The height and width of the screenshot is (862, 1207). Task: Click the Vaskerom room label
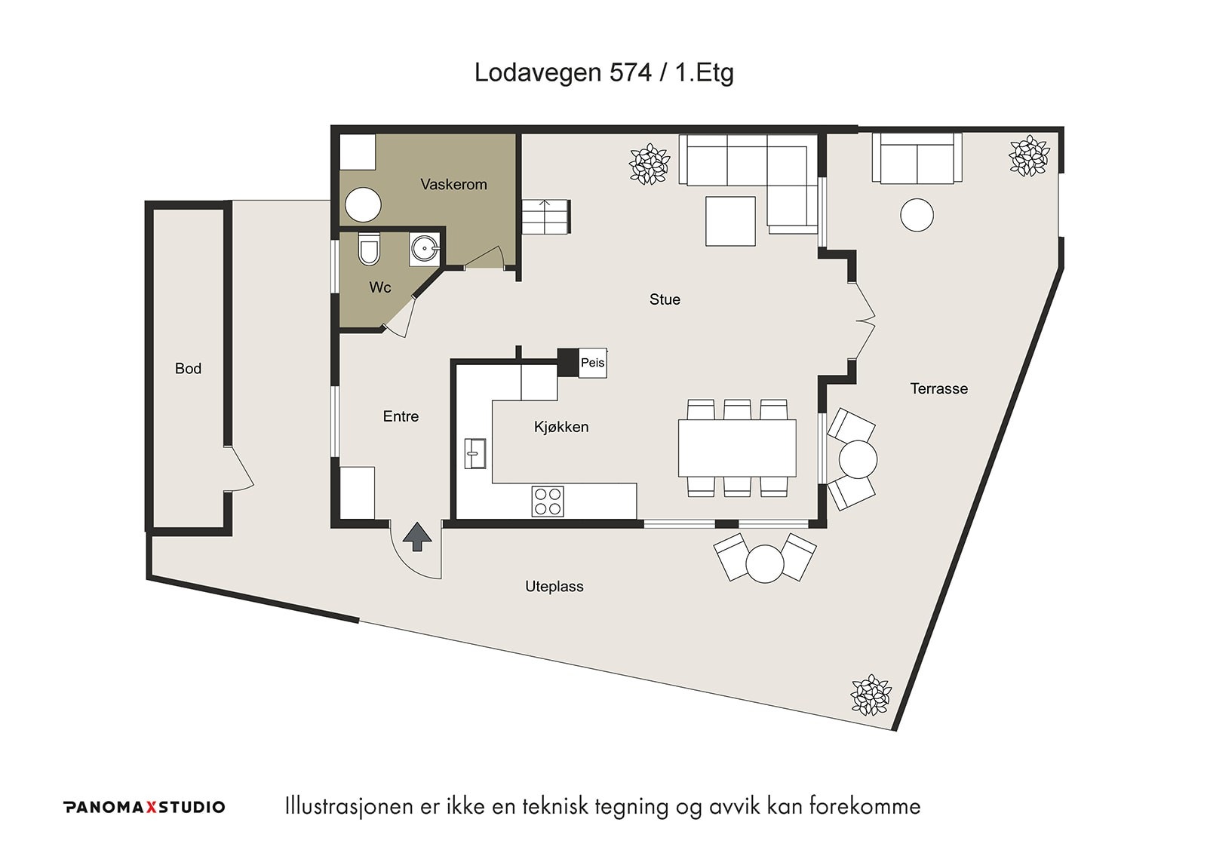pos(453,184)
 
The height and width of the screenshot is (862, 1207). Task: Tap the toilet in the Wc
pos(369,248)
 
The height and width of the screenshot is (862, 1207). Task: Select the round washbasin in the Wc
pos(425,250)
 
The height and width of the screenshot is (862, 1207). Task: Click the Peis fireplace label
pos(592,363)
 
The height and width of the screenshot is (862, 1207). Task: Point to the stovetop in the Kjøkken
pos(548,501)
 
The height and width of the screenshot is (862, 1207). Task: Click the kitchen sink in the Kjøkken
pos(475,453)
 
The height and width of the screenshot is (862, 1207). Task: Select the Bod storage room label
pos(188,369)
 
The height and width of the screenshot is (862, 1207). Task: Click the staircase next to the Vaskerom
pos(545,216)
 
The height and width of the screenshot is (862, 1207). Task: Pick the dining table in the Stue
pos(737,448)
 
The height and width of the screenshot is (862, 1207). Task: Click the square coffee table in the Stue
pos(730,221)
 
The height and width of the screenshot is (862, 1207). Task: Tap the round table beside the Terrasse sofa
pos(917,215)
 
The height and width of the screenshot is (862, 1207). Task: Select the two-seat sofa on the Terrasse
pos(917,158)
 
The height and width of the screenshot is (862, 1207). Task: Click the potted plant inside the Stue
pos(650,163)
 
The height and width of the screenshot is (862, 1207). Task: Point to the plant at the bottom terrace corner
pos(871,695)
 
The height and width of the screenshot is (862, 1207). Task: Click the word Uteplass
pos(554,586)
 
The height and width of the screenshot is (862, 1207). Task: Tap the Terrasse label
pos(938,388)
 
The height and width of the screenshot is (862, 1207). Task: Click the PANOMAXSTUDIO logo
pos(144,806)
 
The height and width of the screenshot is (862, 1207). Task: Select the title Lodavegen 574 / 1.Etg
pos(603,72)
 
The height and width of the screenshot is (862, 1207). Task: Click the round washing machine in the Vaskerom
pos(363,204)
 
